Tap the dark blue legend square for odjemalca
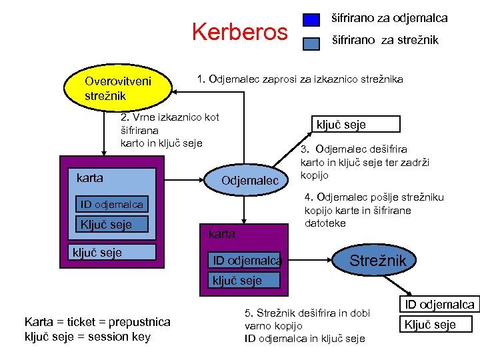point(311,19)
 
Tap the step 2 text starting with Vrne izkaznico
point(169,130)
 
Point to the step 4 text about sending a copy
point(373,210)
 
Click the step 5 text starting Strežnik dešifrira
point(306,325)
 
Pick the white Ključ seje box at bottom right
point(437,325)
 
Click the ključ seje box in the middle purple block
point(237,281)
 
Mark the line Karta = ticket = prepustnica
point(97,322)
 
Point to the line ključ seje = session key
point(87,336)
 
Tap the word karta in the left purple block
point(90,178)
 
